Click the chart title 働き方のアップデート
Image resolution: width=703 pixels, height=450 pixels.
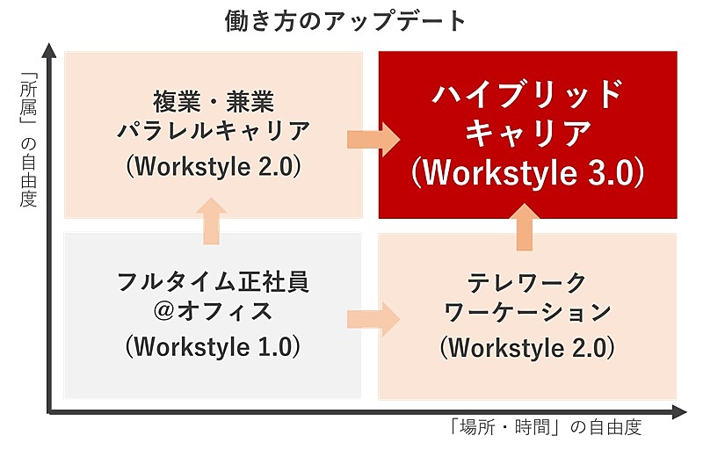[x=345, y=21]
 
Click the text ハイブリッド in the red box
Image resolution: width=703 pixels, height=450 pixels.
[x=528, y=94]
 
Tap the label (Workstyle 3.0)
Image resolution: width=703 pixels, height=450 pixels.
[x=528, y=172]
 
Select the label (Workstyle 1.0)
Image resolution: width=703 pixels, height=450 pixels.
[x=213, y=347]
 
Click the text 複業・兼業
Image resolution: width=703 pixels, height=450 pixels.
[x=214, y=101]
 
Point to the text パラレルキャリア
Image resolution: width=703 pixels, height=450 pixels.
[x=214, y=131]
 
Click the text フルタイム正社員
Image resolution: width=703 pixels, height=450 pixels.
[x=213, y=282]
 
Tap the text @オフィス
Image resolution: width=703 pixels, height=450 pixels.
[x=213, y=311]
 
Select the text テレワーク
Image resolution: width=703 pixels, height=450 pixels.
[x=527, y=283]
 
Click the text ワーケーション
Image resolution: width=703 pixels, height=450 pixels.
[x=527, y=312]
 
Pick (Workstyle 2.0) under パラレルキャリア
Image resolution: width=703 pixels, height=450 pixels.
[x=214, y=167]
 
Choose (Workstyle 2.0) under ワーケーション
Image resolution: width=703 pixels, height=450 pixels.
[x=527, y=348]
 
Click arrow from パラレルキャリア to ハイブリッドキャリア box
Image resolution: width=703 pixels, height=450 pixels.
[x=373, y=140]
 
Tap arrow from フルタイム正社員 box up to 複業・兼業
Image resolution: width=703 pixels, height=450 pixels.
[x=212, y=221]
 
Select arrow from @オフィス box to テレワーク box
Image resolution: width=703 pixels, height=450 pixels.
[x=373, y=319]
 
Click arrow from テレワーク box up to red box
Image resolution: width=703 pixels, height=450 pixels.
[x=525, y=227]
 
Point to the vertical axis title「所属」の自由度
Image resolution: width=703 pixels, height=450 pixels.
[x=28, y=139]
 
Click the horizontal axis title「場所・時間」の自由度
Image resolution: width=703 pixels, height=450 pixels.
[x=546, y=427]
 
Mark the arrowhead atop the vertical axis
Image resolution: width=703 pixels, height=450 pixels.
[x=50, y=50]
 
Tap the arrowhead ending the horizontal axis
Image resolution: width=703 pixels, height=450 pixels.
[x=678, y=412]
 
